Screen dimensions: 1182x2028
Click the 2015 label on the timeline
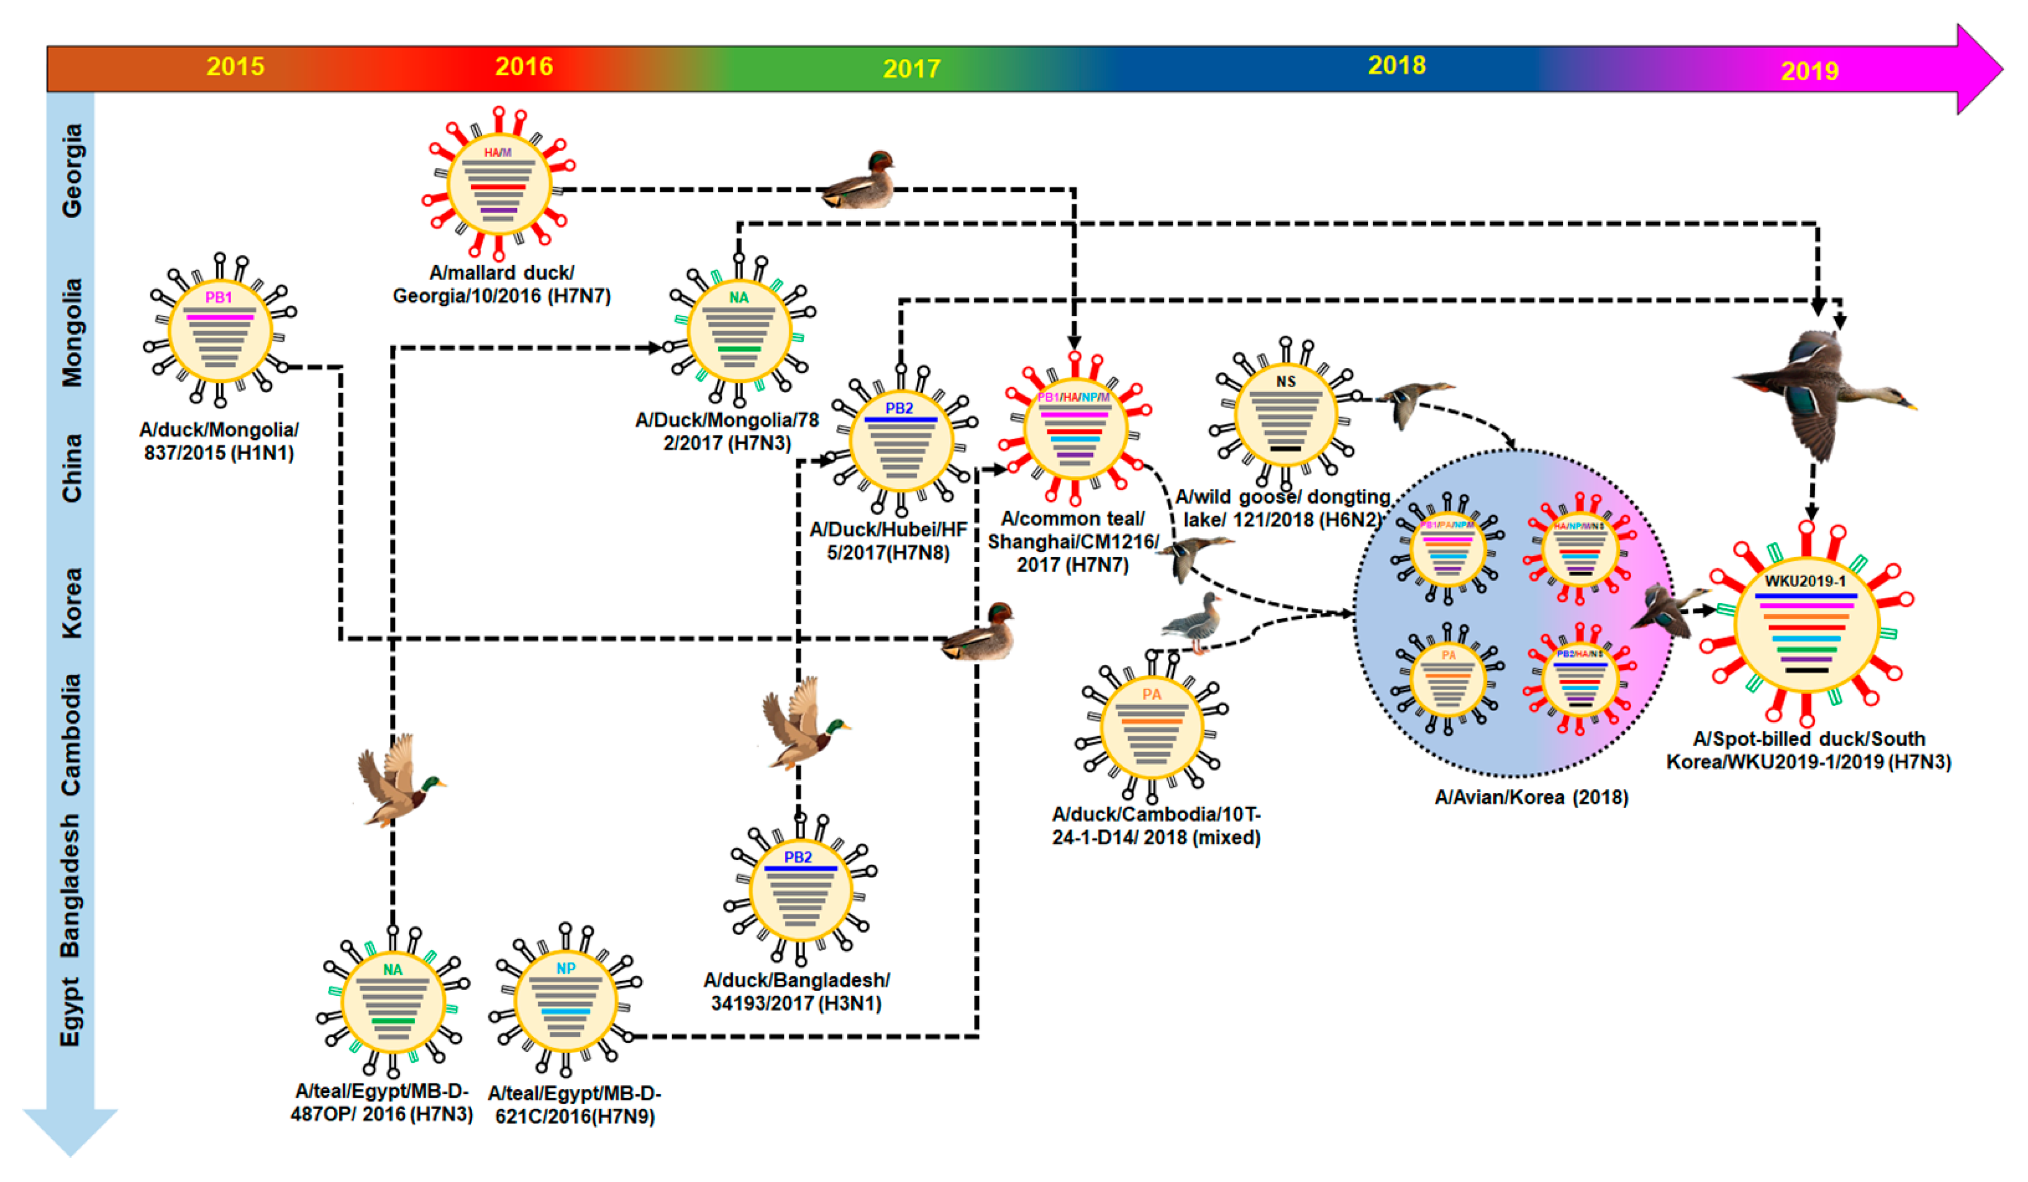(x=235, y=66)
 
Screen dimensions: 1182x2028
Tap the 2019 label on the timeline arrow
(x=1809, y=71)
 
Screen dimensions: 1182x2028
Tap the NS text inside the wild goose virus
(x=1285, y=382)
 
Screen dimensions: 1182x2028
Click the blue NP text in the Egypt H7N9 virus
(x=566, y=968)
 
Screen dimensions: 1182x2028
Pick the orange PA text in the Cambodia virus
(x=1151, y=694)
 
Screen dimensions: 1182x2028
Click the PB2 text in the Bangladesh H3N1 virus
(x=798, y=857)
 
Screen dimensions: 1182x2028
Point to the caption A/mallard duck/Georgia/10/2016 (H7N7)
(x=501, y=284)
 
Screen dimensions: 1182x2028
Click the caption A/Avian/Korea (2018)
(x=1531, y=797)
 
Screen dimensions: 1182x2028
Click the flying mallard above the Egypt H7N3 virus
(x=398, y=781)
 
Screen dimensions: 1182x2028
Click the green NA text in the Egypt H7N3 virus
(x=392, y=970)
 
